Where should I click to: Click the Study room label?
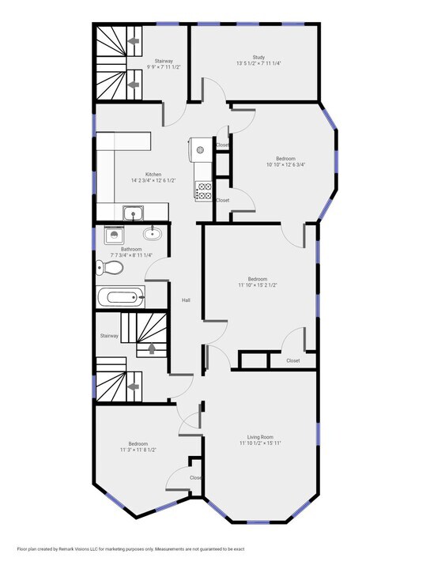(258, 57)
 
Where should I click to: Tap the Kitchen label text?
(153, 175)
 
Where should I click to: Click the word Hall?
(187, 300)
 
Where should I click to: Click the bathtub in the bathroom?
(122, 298)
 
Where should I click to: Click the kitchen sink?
(132, 212)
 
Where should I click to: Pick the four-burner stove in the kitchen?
(203, 190)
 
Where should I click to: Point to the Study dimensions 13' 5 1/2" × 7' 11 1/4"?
(258, 63)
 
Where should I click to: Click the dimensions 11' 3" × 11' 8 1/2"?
(133, 450)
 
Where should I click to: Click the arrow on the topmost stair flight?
(134, 39)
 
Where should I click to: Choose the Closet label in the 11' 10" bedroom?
(293, 360)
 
